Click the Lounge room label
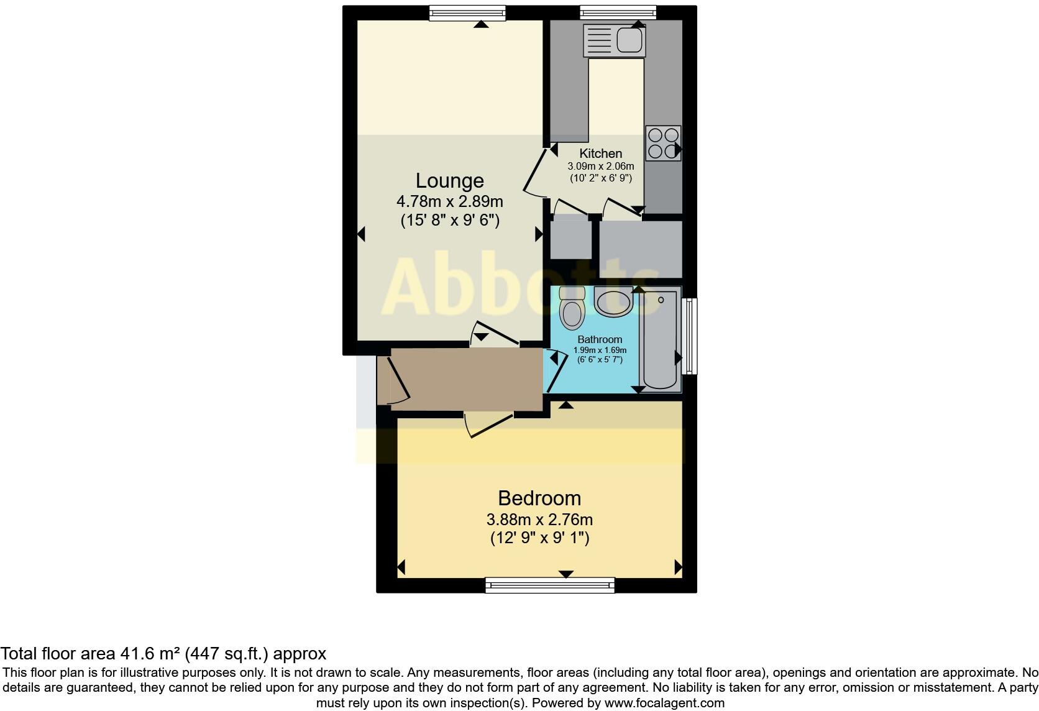[x=449, y=181]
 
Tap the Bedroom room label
[x=539, y=498]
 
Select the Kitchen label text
[x=600, y=154]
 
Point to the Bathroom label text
[x=600, y=339]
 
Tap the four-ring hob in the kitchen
[x=662, y=143]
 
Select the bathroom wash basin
[x=613, y=302]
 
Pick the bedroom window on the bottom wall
[x=549, y=585]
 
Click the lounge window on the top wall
[x=467, y=13]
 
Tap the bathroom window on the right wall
[x=689, y=336]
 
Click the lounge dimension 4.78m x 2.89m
[x=449, y=201]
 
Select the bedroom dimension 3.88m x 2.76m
[x=539, y=519]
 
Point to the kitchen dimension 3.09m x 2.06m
[x=600, y=167]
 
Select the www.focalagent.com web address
[x=664, y=703]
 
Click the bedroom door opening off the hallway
[x=489, y=423]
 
